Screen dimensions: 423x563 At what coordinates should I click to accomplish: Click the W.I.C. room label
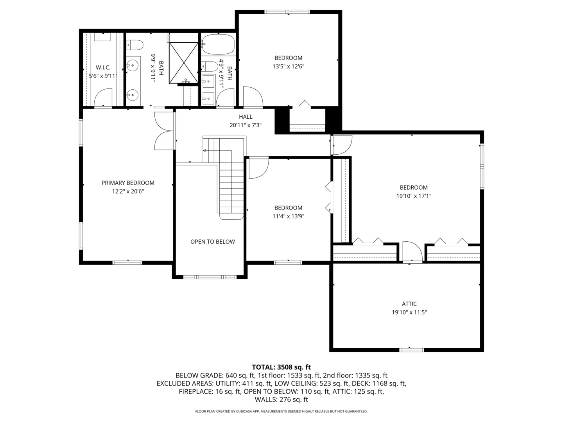[x=103, y=68]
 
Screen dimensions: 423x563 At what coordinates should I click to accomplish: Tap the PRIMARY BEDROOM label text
[x=128, y=183]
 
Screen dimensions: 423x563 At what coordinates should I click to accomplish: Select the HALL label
[x=246, y=117]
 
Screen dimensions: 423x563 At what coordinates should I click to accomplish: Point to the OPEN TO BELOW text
[x=213, y=242]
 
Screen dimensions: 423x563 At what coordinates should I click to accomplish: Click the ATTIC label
[x=409, y=304]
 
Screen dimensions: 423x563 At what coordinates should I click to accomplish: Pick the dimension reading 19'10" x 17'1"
[x=414, y=196]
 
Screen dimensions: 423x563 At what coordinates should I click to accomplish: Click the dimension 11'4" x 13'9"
[x=288, y=216]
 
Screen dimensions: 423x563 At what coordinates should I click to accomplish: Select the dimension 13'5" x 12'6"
[x=288, y=67]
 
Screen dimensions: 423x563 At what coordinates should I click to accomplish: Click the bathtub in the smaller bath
[x=218, y=44]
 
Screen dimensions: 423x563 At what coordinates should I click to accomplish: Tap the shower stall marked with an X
[x=184, y=63]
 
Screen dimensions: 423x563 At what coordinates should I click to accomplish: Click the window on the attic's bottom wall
[x=411, y=349]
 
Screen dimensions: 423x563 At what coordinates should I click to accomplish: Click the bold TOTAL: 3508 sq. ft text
[x=281, y=367]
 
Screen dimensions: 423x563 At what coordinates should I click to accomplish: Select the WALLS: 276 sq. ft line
[x=281, y=400]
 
